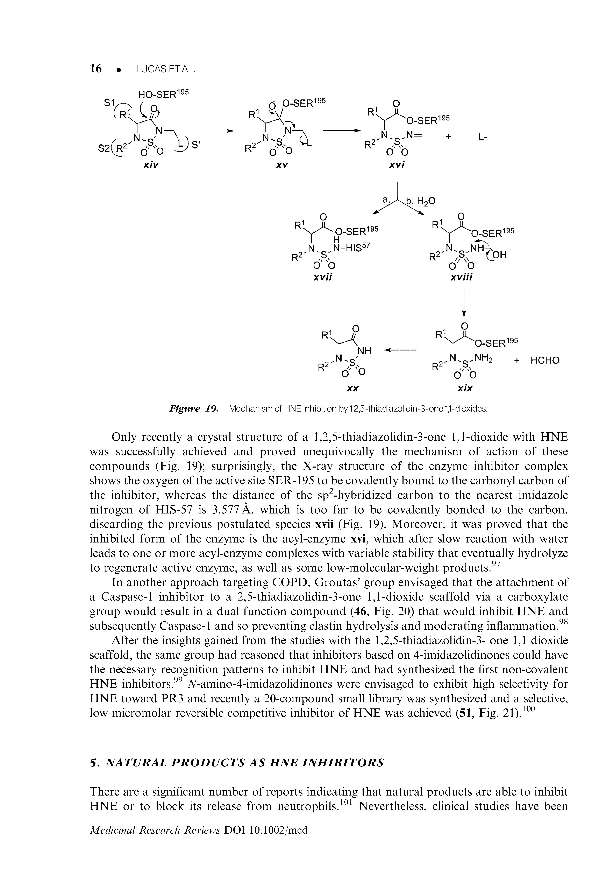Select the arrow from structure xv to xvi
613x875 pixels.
pyautogui.click(x=341, y=131)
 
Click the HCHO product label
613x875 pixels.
pyautogui.click(x=545, y=360)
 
